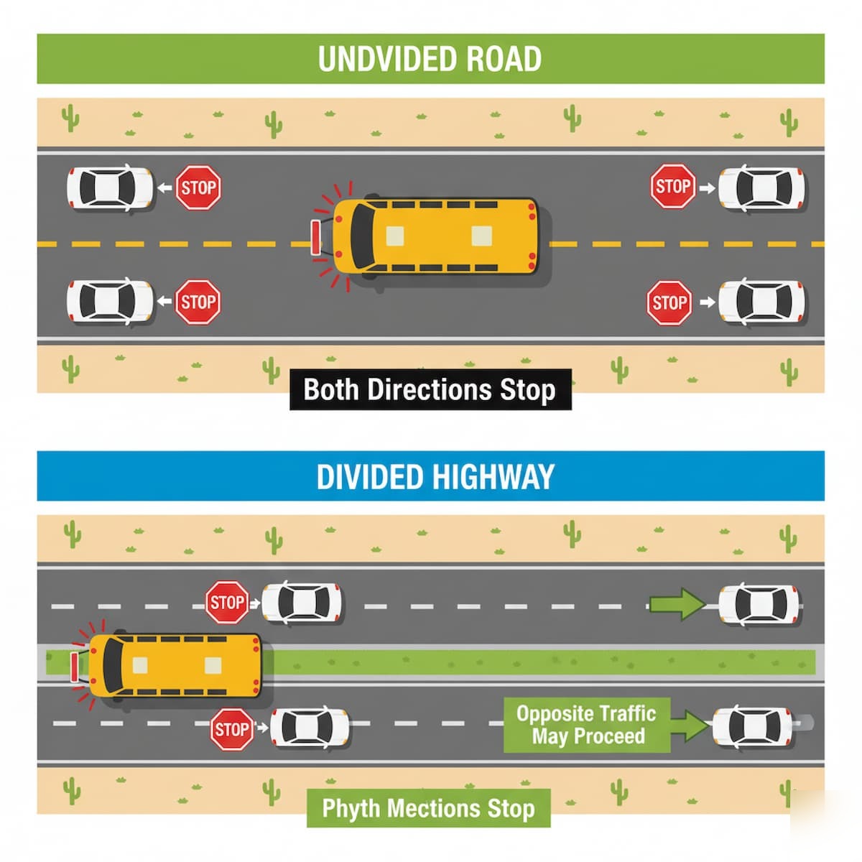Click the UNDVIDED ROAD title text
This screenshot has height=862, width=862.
click(x=430, y=59)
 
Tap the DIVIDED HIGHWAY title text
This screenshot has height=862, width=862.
click(x=435, y=477)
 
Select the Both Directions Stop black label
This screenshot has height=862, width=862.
click(x=430, y=389)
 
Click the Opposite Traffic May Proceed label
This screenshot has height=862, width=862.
click(x=585, y=725)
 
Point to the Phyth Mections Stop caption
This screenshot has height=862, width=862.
click(x=428, y=808)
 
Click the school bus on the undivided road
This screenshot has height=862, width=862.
click(x=435, y=236)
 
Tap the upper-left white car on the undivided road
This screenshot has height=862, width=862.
click(x=110, y=188)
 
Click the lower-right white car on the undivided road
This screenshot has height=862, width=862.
click(x=762, y=302)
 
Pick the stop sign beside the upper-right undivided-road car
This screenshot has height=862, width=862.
click(x=673, y=187)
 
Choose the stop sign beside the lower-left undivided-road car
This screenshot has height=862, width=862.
click(x=198, y=302)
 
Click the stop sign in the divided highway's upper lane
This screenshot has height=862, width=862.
click(x=227, y=602)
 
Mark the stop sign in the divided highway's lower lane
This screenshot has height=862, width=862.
click(x=232, y=730)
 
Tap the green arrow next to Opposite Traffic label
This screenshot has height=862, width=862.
click(x=688, y=726)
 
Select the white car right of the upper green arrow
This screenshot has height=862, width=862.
click(x=760, y=603)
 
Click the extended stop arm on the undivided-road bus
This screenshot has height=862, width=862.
click(x=315, y=237)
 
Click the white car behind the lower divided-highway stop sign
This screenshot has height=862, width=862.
click(x=311, y=728)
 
